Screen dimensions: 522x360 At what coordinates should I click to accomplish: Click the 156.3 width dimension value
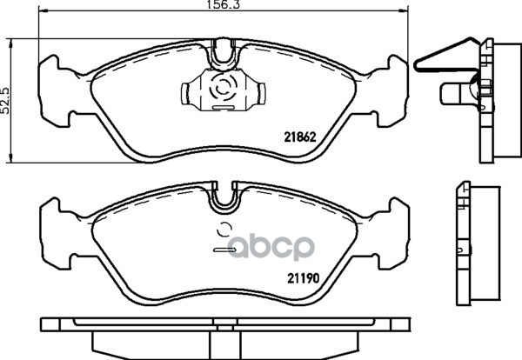pos(224,4)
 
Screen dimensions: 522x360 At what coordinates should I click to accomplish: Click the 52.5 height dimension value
pos(5,101)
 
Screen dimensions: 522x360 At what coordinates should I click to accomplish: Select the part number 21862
pos(299,137)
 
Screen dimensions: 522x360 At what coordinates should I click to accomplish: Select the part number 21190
pos(304,277)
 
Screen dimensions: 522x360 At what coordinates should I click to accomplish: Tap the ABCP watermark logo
pos(271,247)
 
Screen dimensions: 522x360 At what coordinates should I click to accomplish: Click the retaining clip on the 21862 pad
pos(224,89)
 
